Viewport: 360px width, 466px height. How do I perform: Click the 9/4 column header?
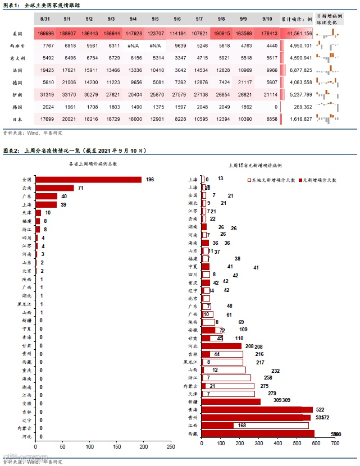133,19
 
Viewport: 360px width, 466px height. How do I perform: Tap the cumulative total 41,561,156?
299,34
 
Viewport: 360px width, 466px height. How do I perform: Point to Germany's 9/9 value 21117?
246,82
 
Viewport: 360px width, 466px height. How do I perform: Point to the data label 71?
81,188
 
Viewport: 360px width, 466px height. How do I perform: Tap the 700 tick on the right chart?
335,444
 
